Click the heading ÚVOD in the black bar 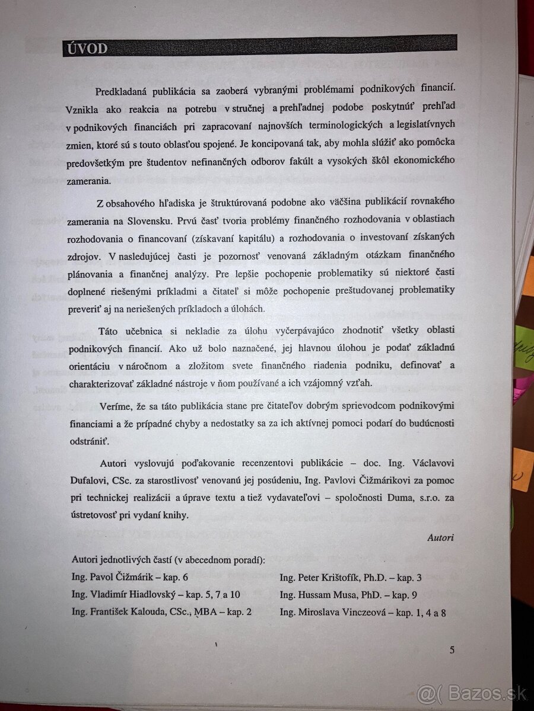pyautogui.click(x=85, y=48)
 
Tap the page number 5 pyautogui.click(x=452, y=650)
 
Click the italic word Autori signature pyautogui.click(x=440, y=537)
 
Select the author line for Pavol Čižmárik pyautogui.click(x=130, y=577)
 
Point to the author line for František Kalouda pyautogui.click(x=161, y=611)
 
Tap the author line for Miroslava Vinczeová pyautogui.click(x=363, y=613)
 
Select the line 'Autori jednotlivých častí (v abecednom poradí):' pyautogui.click(x=168, y=559)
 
